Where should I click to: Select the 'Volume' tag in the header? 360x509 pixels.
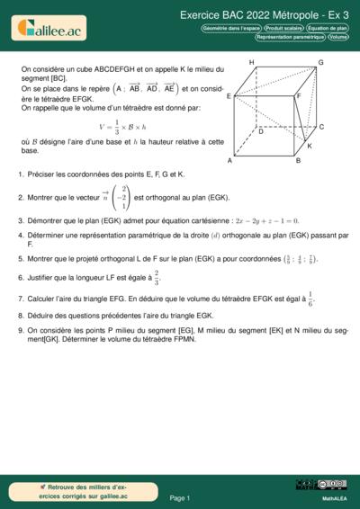coord(338,38)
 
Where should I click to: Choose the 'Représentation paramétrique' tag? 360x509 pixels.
coord(290,38)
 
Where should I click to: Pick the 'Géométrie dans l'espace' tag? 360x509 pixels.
coord(231,29)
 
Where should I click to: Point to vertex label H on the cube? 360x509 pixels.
coord(251,62)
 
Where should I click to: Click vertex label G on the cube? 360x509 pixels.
coord(320,62)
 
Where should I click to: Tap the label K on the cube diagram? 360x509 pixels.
coord(309,146)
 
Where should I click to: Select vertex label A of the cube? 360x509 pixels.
coord(230,161)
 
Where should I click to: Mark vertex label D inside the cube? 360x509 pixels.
coord(261,131)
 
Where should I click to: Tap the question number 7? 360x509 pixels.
coord(21,297)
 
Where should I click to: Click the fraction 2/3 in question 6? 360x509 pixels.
coord(156,277)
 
